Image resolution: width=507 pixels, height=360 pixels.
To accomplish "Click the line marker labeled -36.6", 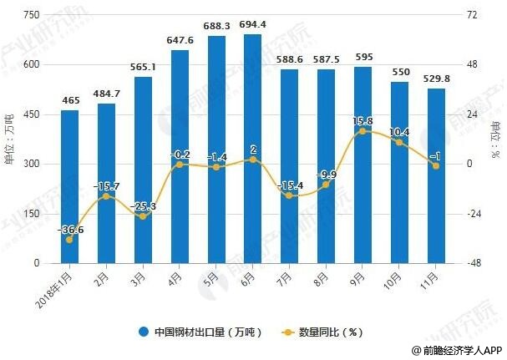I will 70,240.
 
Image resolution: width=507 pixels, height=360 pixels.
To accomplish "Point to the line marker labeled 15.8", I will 363,131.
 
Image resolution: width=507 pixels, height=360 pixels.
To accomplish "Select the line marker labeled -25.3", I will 143,216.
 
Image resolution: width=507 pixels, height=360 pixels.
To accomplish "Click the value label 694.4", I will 251,24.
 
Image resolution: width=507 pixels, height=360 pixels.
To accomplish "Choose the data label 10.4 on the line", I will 398,132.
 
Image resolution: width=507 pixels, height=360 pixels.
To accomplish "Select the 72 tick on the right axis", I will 472,16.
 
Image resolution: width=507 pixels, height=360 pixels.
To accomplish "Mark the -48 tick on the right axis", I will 472,263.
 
